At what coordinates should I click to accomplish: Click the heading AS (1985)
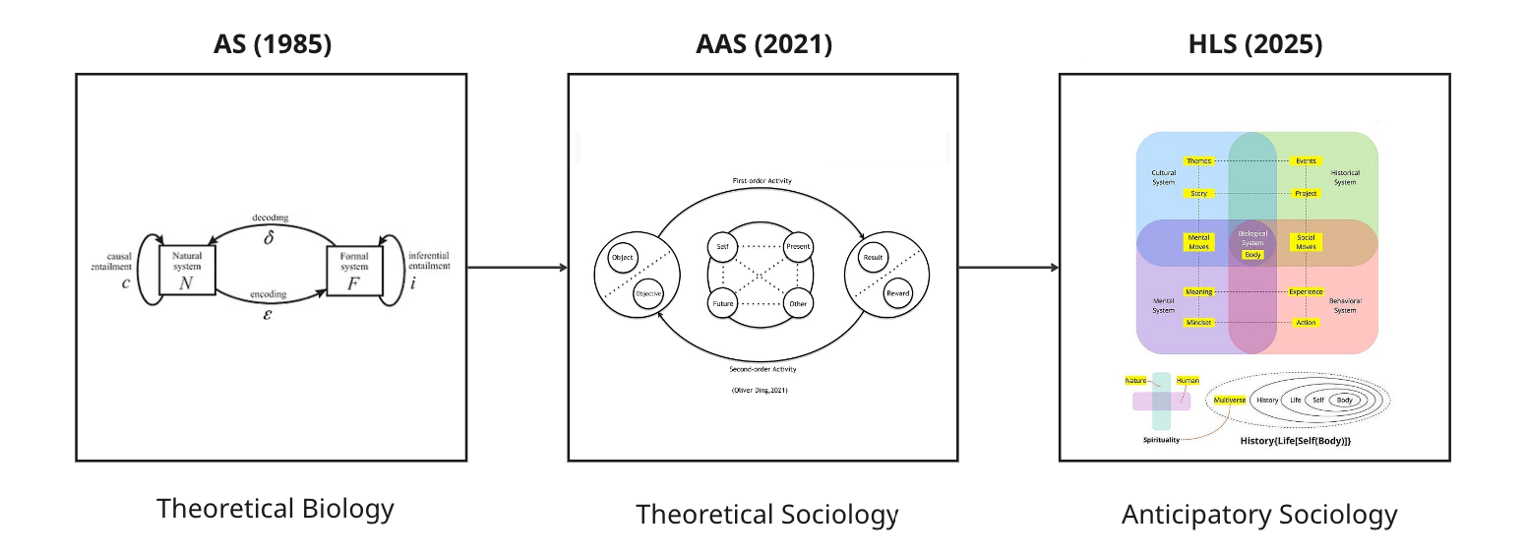[x=272, y=45]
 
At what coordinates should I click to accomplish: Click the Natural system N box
[x=187, y=269]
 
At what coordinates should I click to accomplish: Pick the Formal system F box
[x=354, y=269]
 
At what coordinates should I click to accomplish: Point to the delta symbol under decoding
[x=269, y=237]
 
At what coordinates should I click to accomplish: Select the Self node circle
[x=723, y=245]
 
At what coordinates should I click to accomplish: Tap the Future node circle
[x=723, y=304]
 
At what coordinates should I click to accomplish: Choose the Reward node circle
[x=898, y=293]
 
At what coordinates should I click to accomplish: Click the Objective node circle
[x=648, y=293]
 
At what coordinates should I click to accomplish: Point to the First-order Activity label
[x=762, y=181]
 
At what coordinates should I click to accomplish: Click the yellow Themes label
[x=1198, y=160]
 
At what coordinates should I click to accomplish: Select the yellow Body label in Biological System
[x=1252, y=254]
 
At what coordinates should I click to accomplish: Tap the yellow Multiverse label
[x=1230, y=401]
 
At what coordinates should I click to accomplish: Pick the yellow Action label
[x=1306, y=323]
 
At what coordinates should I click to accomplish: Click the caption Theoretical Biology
[x=275, y=509]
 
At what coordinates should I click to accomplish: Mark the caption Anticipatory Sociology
[x=1259, y=514]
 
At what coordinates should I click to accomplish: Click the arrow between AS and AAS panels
[x=517, y=267]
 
